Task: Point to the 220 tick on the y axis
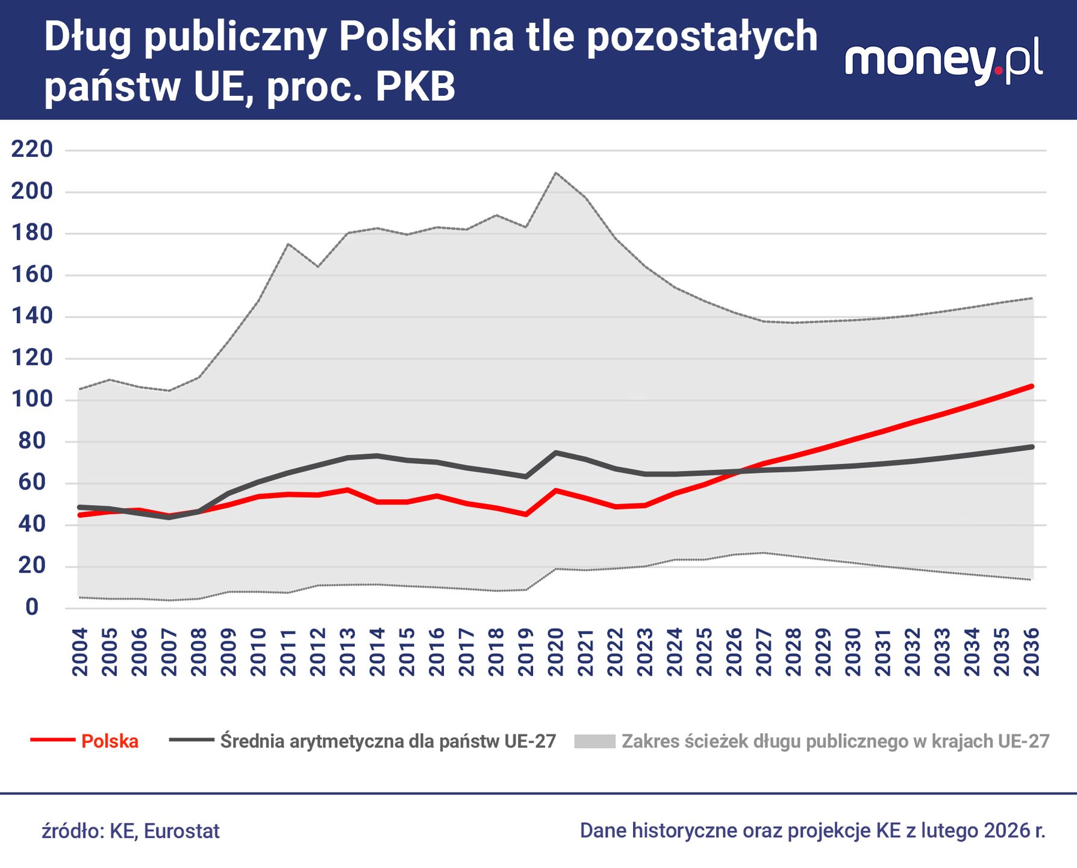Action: click(33, 149)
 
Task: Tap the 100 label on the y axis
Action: click(33, 400)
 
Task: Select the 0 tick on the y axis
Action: click(33, 608)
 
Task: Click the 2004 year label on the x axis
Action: click(80, 652)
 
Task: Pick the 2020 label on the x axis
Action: click(555, 652)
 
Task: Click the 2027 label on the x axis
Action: click(764, 652)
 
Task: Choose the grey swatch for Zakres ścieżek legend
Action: click(595, 741)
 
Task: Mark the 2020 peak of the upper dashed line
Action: click(555, 173)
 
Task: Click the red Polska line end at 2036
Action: click(1031, 386)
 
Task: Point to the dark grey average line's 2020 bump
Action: click(556, 452)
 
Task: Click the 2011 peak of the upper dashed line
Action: click(289, 244)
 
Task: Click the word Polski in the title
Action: click(396, 37)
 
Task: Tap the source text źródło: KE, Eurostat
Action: click(131, 831)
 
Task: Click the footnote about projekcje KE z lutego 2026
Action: click(813, 831)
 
